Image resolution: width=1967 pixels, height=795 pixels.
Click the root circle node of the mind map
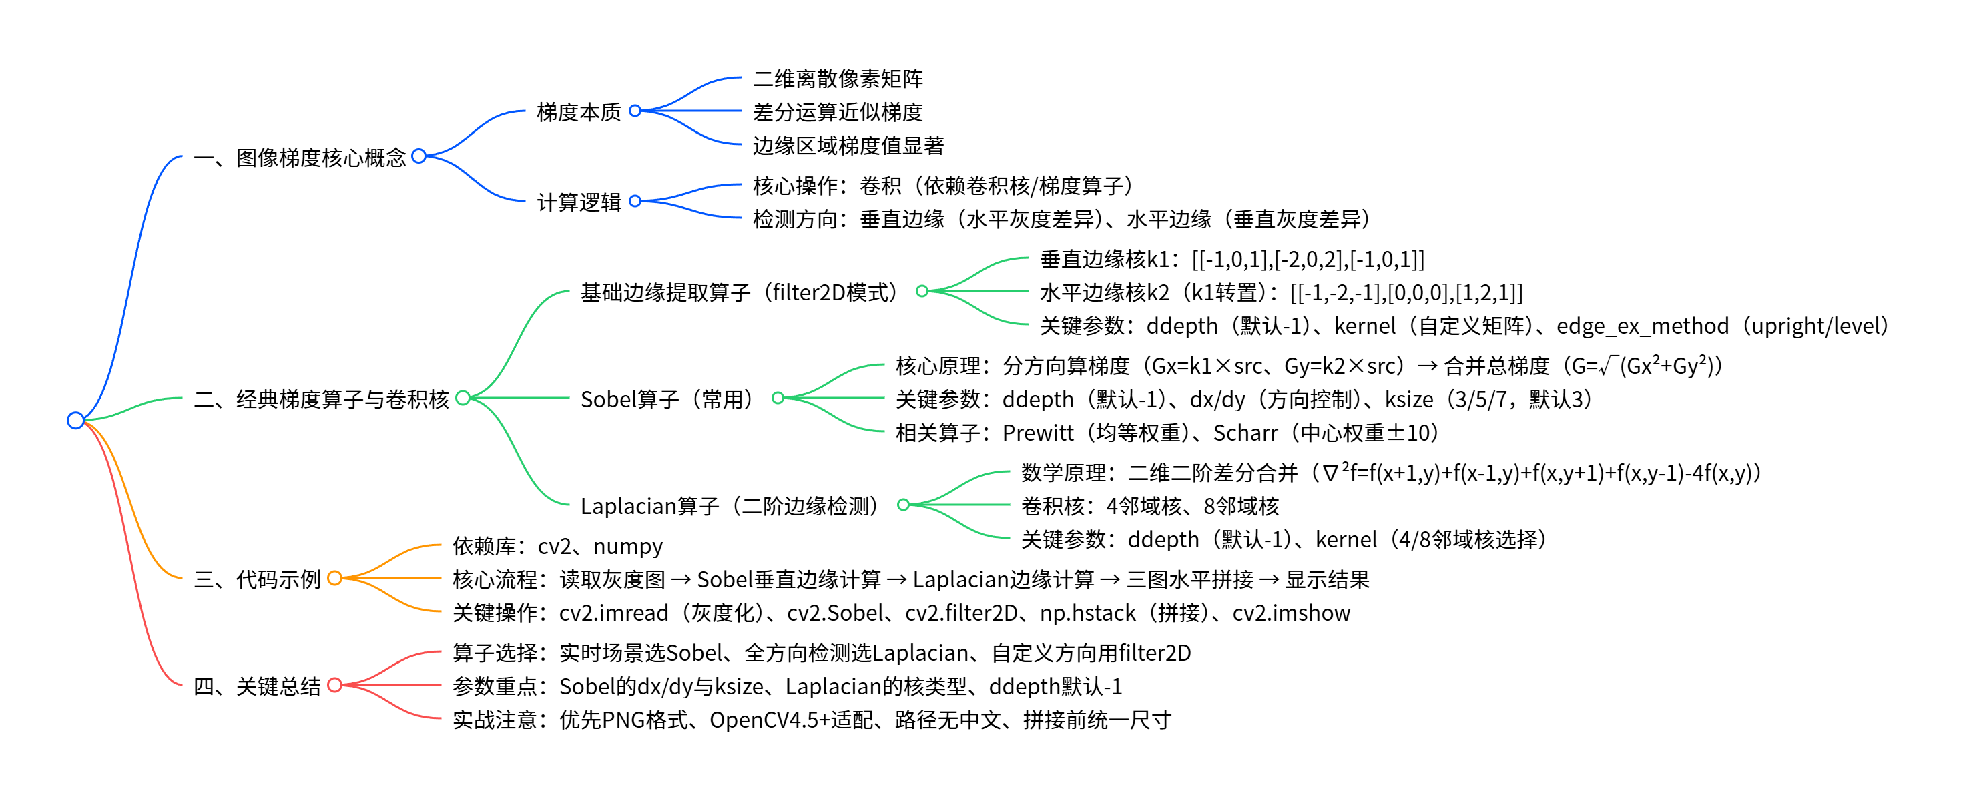(75, 420)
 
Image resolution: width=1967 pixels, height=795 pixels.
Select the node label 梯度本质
(578, 112)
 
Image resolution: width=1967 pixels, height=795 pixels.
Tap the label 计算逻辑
(578, 202)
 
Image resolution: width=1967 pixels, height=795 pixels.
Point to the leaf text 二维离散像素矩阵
(837, 79)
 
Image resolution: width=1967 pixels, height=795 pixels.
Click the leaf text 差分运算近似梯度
(837, 112)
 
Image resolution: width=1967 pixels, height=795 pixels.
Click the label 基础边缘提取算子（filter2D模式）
(742, 292)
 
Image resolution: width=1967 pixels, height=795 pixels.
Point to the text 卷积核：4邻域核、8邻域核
(1149, 505)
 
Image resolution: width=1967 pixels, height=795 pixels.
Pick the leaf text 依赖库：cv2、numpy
(557, 546)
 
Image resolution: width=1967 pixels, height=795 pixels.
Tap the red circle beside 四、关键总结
(334, 685)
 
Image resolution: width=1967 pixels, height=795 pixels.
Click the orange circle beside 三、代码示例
(334, 578)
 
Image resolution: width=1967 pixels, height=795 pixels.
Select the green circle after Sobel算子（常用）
(778, 398)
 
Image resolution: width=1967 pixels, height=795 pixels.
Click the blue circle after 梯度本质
(635, 111)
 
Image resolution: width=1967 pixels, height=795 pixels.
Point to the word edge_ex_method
(1642, 326)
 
